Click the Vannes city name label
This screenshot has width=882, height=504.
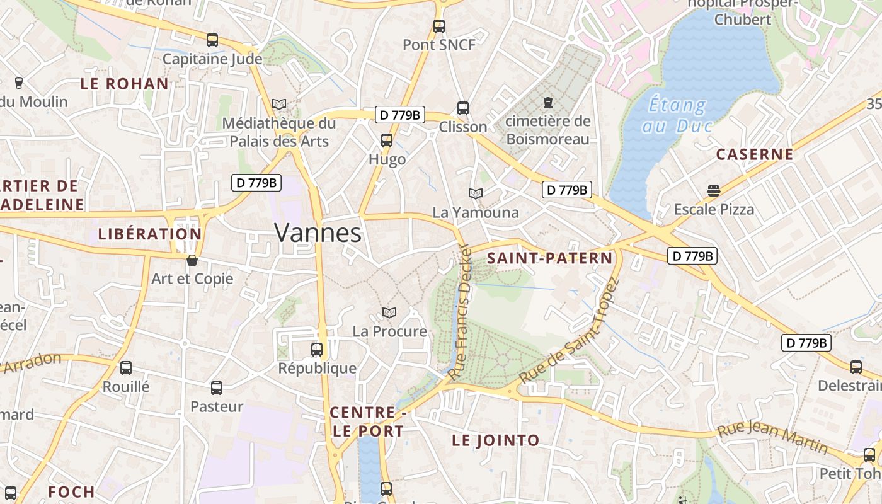tap(318, 233)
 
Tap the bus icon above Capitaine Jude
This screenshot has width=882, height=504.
tap(212, 40)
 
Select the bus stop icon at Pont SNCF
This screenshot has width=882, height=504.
tap(439, 26)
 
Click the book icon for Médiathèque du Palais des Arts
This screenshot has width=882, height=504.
tap(279, 104)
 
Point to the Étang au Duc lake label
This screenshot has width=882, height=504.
tap(677, 115)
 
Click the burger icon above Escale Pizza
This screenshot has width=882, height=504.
tap(713, 190)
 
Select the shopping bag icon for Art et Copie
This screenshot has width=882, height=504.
tap(192, 260)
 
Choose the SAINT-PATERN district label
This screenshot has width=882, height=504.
tap(549, 258)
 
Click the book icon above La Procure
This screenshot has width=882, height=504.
tap(389, 312)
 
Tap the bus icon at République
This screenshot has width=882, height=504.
tap(317, 349)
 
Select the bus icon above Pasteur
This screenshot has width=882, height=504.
tap(217, 387)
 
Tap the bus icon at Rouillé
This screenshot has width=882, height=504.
tap(126, 367)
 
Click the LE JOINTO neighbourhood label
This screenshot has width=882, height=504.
tap(495, 440)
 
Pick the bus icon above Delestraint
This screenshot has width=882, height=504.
tap(856, 367)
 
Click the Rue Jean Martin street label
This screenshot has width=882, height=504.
tap(773, 437)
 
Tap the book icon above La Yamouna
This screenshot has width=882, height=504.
tap(476, 193)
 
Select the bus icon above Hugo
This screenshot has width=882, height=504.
tap(387, 140)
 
